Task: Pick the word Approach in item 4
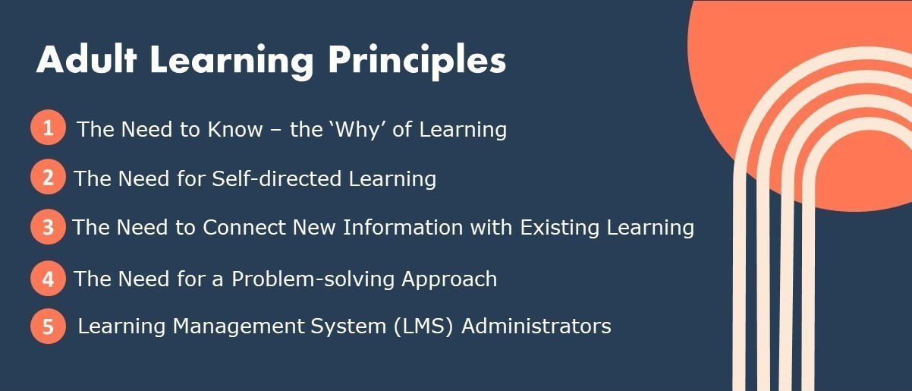click(x=451, y=279)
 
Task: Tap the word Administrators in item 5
click(x=536, y=327)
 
